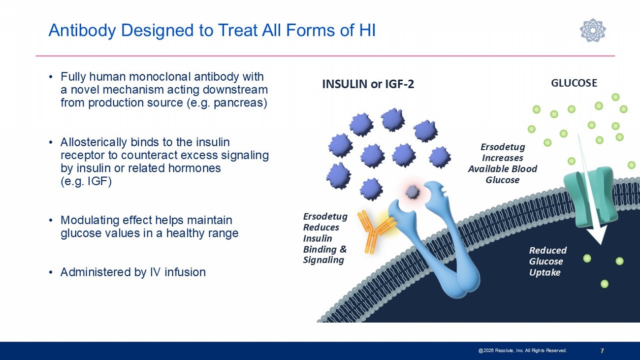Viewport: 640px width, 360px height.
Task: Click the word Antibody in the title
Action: (x=82, y=30)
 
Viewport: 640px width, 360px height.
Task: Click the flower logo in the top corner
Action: (x=593, y=30)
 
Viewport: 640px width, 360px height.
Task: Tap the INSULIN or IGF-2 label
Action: (x=368, y=84)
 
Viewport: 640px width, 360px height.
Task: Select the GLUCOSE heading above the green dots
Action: (x=574, y=83)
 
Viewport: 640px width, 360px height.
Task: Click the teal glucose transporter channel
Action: (x=590, y=197)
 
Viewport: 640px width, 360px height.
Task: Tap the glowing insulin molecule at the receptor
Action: (x=413, y=192)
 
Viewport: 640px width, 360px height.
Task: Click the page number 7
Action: (x=602, y=351)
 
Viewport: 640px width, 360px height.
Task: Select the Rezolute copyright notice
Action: (x=522, y=351)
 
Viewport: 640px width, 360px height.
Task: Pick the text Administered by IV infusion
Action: (x=133, y=272)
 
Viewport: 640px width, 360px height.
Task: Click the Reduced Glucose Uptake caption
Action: (x=548, y=262)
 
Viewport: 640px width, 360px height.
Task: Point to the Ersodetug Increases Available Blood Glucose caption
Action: (x=503, y=164)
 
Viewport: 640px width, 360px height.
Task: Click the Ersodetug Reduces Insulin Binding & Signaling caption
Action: (x=325, y=238)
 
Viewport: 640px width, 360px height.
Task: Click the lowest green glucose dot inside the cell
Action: (x=604, y=284)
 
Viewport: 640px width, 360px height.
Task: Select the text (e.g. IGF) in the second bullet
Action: (x=86, y=181)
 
